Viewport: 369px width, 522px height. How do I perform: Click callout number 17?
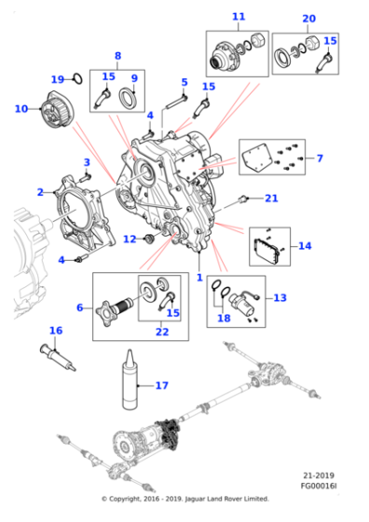tap(162, 385)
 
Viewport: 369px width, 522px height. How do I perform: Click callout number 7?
tap(319, 158)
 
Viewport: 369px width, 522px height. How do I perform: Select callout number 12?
tap(130, 239)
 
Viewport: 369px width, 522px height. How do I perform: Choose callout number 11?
tap(239, 17)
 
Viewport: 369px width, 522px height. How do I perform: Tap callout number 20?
tap(308, 19)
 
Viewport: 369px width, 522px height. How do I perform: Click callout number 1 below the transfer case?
tap(198, 277)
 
